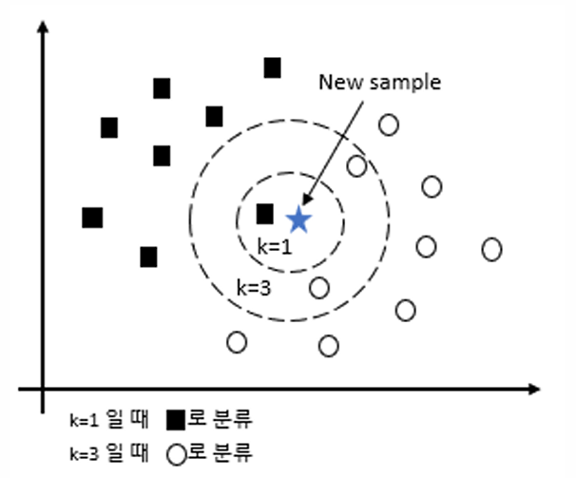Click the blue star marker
click(x=298, y=220)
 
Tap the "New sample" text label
click(x=379, y=83)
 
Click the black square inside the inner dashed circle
click(x=265, y=214)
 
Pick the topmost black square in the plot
click(x=273, y=67)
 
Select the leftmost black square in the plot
click(x=92, y=218)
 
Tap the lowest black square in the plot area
click(x=148, y=257)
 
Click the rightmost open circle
click(x=491, y=249)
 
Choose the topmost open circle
click(x=388, y=124)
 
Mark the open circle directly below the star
click(x=319, y=287)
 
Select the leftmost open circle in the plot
click(x=237, y=340)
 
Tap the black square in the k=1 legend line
click(x=177, y=418)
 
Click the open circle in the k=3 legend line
click(x=176, y=451)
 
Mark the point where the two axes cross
click(x=43, y=389)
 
